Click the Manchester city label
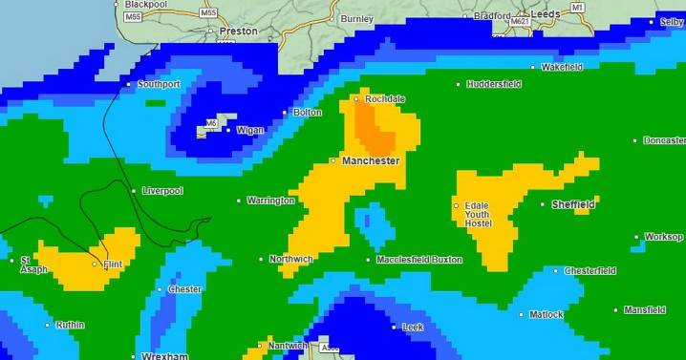tap(370, 161)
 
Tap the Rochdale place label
tap(385, 99)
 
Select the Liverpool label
tap(162, 191)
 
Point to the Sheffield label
tap(573, 204)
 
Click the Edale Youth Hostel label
tap(479, 214)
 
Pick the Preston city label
tap(238, 32)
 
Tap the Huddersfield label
tap(494, 84)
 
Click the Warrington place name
tap(271, 201)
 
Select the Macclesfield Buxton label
tap(419, 260)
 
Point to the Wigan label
tap(249, 130)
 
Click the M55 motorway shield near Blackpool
tap(132, 17)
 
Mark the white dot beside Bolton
tap(285, 113)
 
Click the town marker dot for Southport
tap(130, 84)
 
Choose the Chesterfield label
tap(590, 270)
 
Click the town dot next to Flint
tap(94, 264)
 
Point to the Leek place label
tap(413, 327)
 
